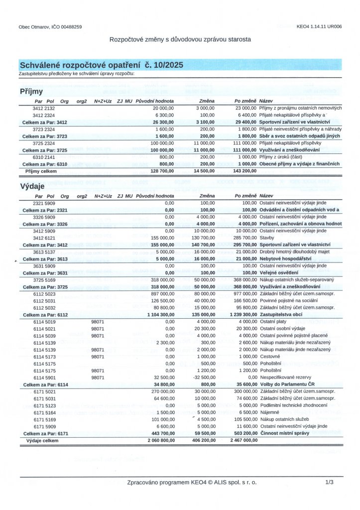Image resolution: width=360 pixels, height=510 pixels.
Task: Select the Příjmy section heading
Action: pyautogui.click(x=31, y=92)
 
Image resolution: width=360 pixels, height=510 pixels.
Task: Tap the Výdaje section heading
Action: pyautogui.click(x=32, y=186)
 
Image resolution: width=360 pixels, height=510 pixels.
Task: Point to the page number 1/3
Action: pyautogui.click(x=329, y=483)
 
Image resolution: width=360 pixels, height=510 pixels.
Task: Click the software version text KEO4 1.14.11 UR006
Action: pyautogui.click(x=319, y=26)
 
